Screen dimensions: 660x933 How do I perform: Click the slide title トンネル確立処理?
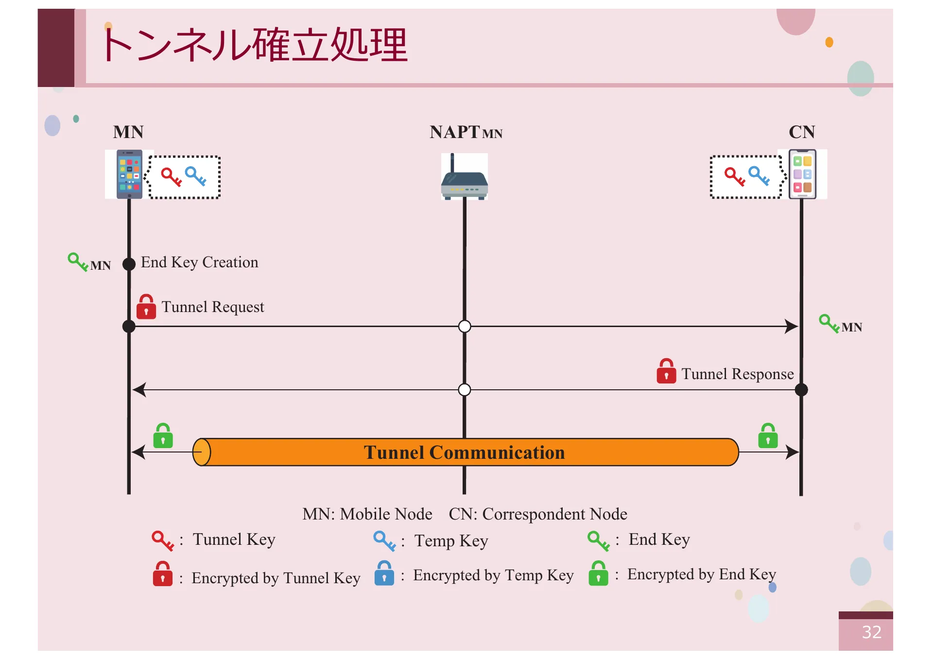(254, 45)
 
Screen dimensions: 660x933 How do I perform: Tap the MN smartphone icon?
(129, 174)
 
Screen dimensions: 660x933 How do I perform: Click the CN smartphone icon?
(802, 174)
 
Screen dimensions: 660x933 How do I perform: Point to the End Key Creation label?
(199, 262)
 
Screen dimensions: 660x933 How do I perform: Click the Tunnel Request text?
(213, 307)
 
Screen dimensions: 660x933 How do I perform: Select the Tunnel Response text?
(737, 374)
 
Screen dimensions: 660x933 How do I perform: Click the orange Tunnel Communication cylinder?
(465, 452)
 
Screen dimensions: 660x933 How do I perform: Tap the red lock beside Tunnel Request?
(146, 307)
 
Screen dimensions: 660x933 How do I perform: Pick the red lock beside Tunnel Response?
(666, 372)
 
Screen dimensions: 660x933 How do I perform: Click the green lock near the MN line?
(163, 436)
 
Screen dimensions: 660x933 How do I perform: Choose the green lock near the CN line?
(768, 436)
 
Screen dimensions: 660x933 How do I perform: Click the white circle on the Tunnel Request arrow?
(465, 326)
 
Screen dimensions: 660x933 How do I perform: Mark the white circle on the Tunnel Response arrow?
(465, 390)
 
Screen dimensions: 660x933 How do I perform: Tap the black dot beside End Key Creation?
(129, 264)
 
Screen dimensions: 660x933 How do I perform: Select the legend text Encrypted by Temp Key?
(493, 575)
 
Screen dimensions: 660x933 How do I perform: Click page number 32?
(871, 632)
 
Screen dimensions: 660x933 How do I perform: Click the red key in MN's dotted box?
(171, 177)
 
